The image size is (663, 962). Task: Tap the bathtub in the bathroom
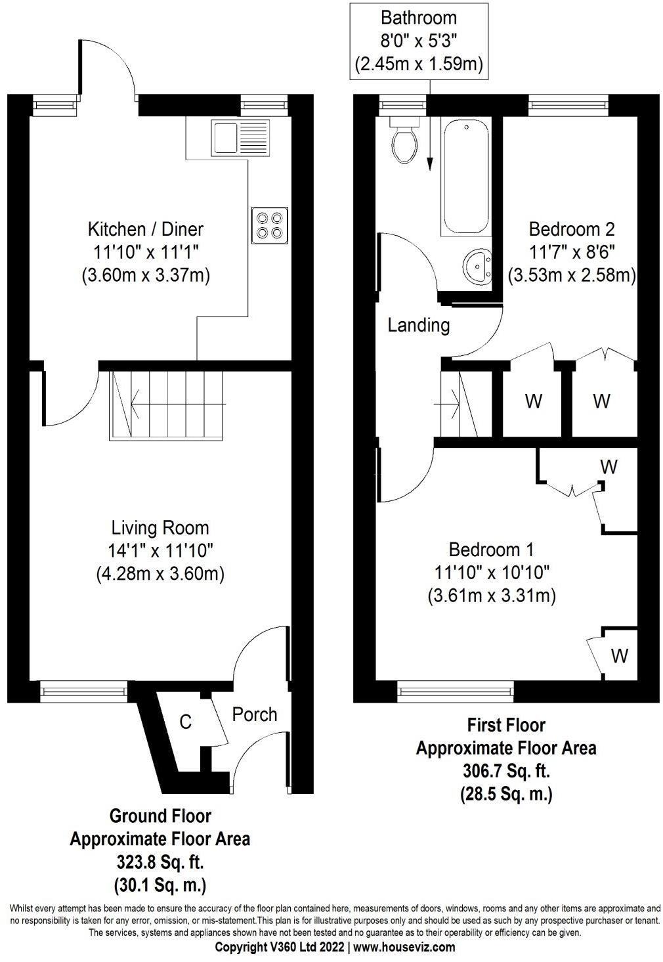(x=465, y=177)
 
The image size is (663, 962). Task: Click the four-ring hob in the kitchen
(x=270, y=226)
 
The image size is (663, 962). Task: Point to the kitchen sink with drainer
(x=240, y=138)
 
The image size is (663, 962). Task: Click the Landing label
(x=419, y=325)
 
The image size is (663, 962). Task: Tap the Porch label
(x=255, y=714)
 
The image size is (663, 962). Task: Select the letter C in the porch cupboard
(x=186, y=722)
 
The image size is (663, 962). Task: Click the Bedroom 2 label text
(x=572, y=229)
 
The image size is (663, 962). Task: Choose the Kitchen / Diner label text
(x=146, y=229)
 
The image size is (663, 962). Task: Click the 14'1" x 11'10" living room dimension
(x=160, y=551)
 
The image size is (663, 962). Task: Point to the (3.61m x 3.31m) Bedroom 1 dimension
(x=492, y=596)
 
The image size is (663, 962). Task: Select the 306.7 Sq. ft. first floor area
(x=506, y=772)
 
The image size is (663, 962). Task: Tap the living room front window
(x=84, y=691)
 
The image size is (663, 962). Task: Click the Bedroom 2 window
(x=568, y=105)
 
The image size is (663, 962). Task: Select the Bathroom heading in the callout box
(x=419, y=18)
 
